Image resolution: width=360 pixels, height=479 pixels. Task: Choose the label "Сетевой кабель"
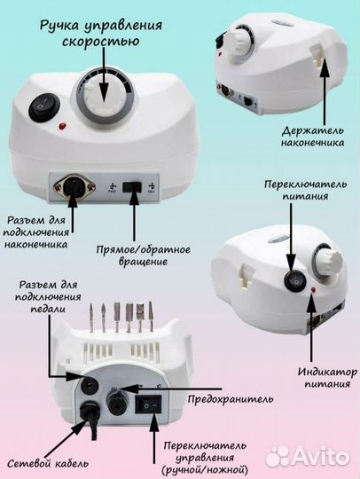pyautogui.click(x=37, y=462)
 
